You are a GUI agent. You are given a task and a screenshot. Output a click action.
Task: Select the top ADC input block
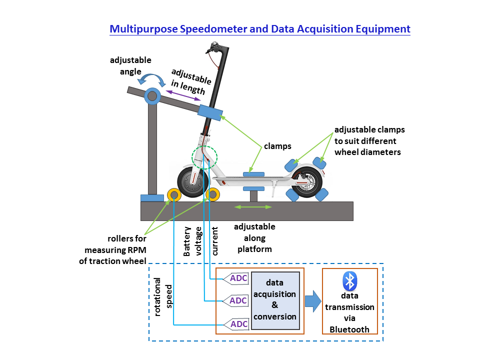tap(235, 278)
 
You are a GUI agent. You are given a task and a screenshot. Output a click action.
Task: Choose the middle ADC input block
tap(235, 301)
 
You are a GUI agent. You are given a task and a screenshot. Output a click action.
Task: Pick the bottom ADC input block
tap(235, 324)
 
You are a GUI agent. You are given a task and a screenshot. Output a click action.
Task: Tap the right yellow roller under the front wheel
tap(212, 194)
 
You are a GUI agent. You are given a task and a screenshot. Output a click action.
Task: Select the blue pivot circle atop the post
tap(152, 95)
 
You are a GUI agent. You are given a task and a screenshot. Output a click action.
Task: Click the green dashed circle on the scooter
tap(204, 157)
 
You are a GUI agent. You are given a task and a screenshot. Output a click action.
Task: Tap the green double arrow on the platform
tap(253, 206)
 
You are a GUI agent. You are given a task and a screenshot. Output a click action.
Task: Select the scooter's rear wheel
tap(305, 182)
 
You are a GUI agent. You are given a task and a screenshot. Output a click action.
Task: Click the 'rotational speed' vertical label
tap(163, 297)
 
